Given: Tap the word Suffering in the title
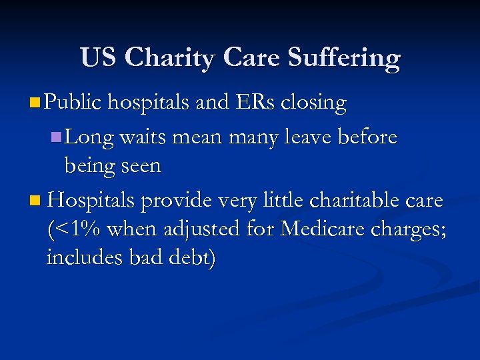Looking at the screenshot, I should click(344, 58).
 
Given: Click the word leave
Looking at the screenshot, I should click(312, 138).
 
